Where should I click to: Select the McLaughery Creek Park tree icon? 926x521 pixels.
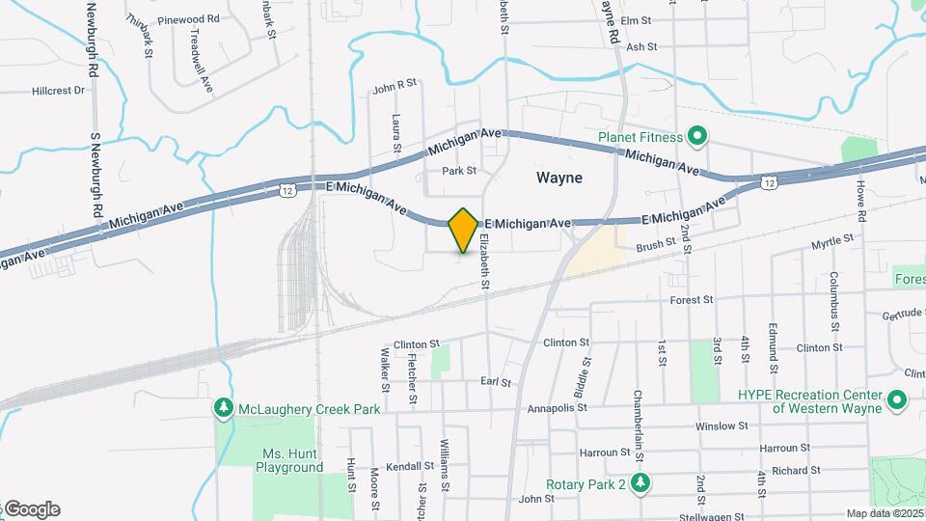click(224, 408)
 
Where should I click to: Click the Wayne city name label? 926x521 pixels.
click(559, 178)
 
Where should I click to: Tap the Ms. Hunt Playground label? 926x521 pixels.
click(289, 460)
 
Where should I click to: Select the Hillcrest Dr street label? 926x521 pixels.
click(58, 91)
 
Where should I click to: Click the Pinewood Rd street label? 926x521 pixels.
click(188, 18)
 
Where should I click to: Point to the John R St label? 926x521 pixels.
click(394, 86)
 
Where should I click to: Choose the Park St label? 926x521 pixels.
click(459, 171)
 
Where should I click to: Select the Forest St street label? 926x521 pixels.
click(692, 300)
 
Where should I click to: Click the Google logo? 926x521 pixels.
click(31, 509)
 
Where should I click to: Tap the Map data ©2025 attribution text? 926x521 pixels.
click(884, 513)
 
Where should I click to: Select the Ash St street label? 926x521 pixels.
click(641, 45)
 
